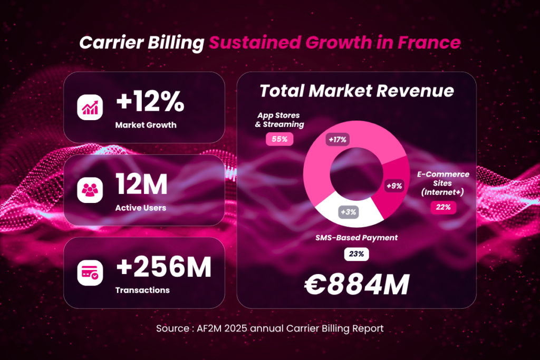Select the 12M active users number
tap(141, 184)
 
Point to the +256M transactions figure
tap(163, 267)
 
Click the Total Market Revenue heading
tap(356, 91)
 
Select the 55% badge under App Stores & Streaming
tap(280, 139)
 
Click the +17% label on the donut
tap(337, 140)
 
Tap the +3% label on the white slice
tap(349, 212)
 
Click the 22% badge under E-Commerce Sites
tap(443, 207)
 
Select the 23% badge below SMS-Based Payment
tap(356, 254)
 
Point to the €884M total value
tap(356, 285)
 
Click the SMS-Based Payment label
tap(356, 238)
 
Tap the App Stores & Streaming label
tap(280, 120)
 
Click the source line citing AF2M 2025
tap(269, 328)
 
